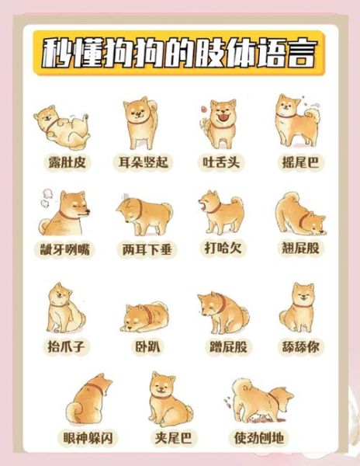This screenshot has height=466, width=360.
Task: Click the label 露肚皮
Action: (65, 162)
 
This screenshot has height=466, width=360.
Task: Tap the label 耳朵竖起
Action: (143, 162)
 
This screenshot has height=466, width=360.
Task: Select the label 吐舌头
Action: (219, 162)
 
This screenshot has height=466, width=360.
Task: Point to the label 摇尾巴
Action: (298, 162)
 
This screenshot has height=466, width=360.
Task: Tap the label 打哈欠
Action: (220, 250)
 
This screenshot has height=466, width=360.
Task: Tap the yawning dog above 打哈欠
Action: (219, 211)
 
